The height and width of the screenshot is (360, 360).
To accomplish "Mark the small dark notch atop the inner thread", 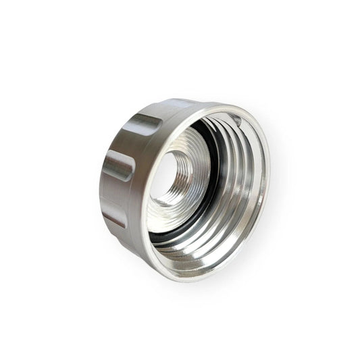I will pyautogui.click(x=237, y=119).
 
